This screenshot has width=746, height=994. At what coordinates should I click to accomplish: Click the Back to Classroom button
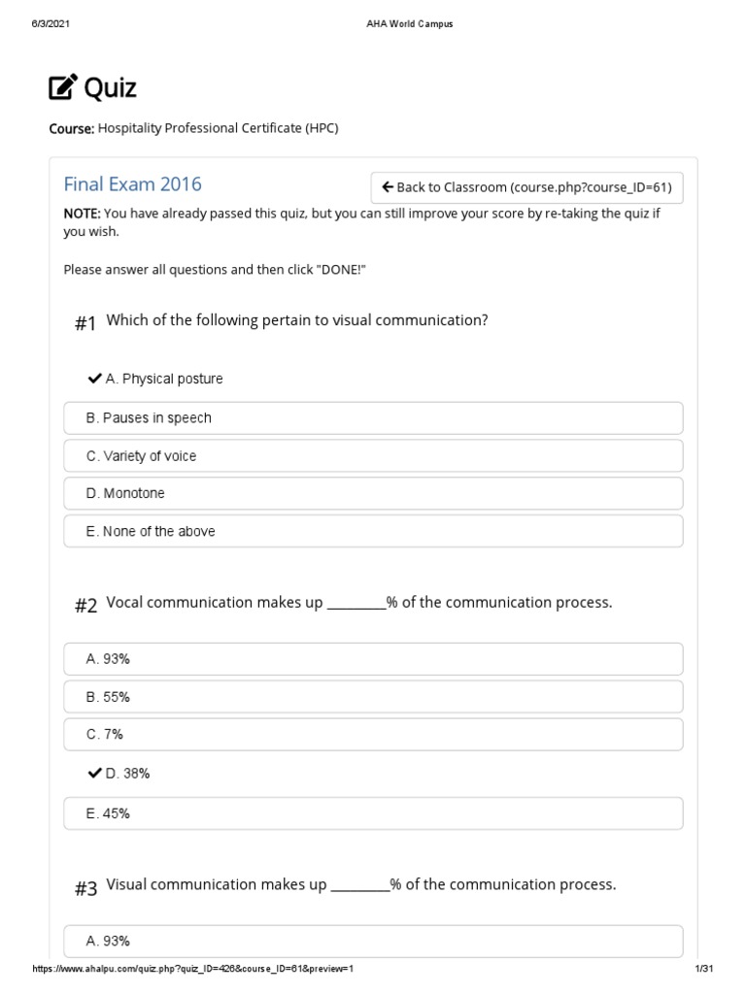point(526,187)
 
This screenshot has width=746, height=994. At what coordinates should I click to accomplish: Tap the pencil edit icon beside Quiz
point(62,88)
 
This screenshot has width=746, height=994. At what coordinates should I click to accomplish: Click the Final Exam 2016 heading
point(132,184)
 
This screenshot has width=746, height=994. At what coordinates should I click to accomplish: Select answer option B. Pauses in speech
point(373,417)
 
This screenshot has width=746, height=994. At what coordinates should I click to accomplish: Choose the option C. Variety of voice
point(373,455)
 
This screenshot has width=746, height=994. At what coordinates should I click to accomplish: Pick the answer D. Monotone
point(373,493)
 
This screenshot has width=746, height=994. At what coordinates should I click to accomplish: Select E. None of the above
point(373,531)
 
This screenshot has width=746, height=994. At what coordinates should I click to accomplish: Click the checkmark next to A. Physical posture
point(95,379)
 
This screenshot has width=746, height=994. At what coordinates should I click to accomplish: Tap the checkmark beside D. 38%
point(95,774)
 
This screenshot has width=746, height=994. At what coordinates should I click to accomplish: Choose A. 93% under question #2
point(373,659)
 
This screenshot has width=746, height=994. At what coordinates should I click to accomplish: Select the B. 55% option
point(373,697)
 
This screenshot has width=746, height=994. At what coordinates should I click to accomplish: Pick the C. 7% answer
point(373,735)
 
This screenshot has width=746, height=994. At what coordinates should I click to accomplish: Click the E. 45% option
point(373,813)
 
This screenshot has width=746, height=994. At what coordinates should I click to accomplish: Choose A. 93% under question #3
point(373,941)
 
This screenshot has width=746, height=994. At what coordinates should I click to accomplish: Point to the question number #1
point(85,324)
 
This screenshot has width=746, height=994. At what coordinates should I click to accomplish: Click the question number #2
point(85,606)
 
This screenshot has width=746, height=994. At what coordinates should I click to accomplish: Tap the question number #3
point(85,888)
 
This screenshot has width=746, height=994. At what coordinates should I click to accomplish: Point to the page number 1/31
point(704,970)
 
